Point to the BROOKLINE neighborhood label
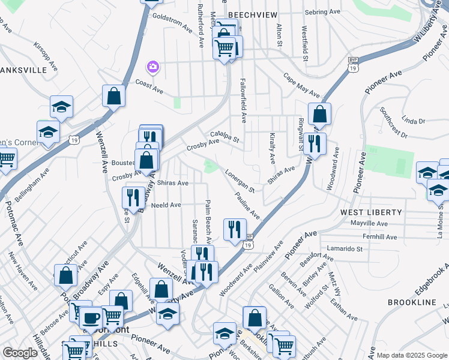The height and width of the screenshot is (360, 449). pos(412,302)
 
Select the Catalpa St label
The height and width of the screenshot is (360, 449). pos(225,137)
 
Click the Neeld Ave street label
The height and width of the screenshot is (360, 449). pos(166,205)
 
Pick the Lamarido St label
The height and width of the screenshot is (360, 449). pos(345,248)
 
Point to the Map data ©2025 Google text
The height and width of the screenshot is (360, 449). pos(412,355)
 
